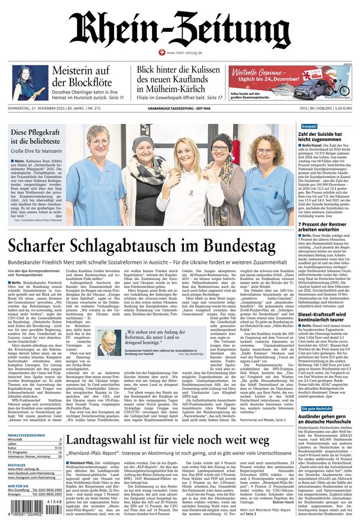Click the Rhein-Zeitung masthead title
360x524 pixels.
click(179, 29)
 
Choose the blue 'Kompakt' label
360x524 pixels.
click(309, 127)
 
